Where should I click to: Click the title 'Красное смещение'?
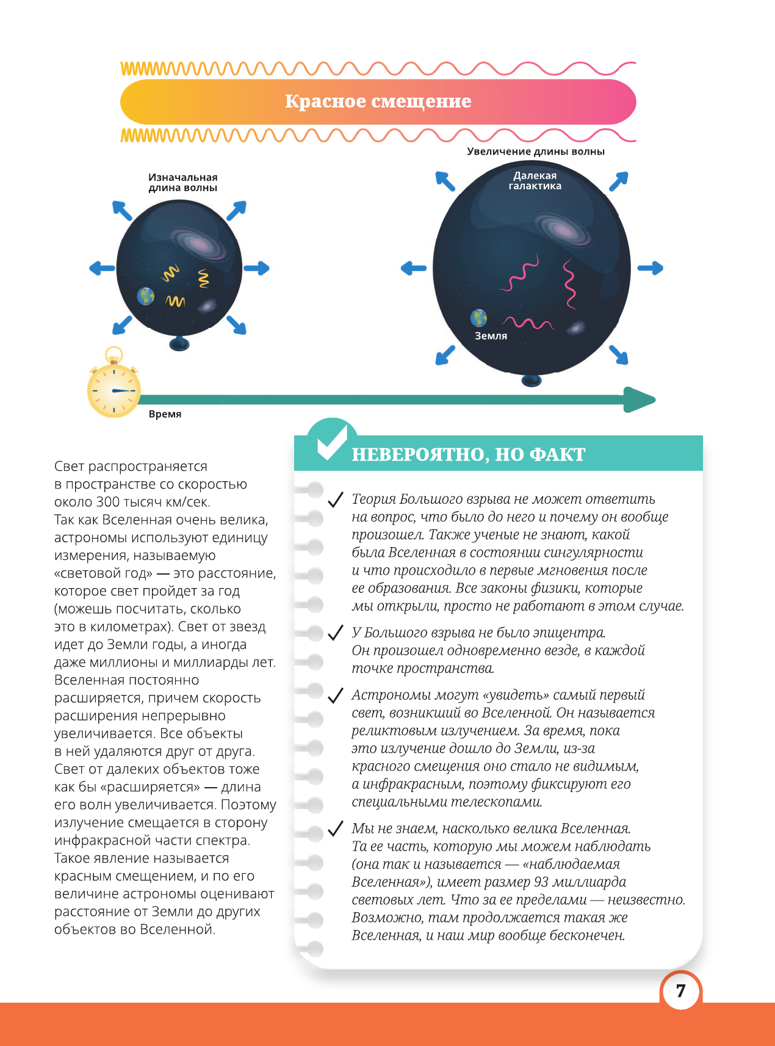(378, 101)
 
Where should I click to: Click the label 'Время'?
(165, 414)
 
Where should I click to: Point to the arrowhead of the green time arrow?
(640, 400)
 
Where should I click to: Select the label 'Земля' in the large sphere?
(491, 336)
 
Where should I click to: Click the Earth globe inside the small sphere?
(146, 296)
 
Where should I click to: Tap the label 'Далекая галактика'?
(535, 181)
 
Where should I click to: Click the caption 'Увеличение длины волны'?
(536, 151)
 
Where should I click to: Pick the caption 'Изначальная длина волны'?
(183, 183)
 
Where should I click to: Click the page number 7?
(680, 990)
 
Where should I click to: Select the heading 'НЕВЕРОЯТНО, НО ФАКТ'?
(469, 454)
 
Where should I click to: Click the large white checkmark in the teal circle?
(332, 442)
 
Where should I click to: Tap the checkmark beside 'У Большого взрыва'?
(335, 633)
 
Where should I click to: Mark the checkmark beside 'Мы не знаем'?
(335, 829)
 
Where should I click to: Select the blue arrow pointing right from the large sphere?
(650, 268)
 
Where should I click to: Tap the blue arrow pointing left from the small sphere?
(101, 268)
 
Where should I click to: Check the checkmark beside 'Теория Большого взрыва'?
(335, 500)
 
